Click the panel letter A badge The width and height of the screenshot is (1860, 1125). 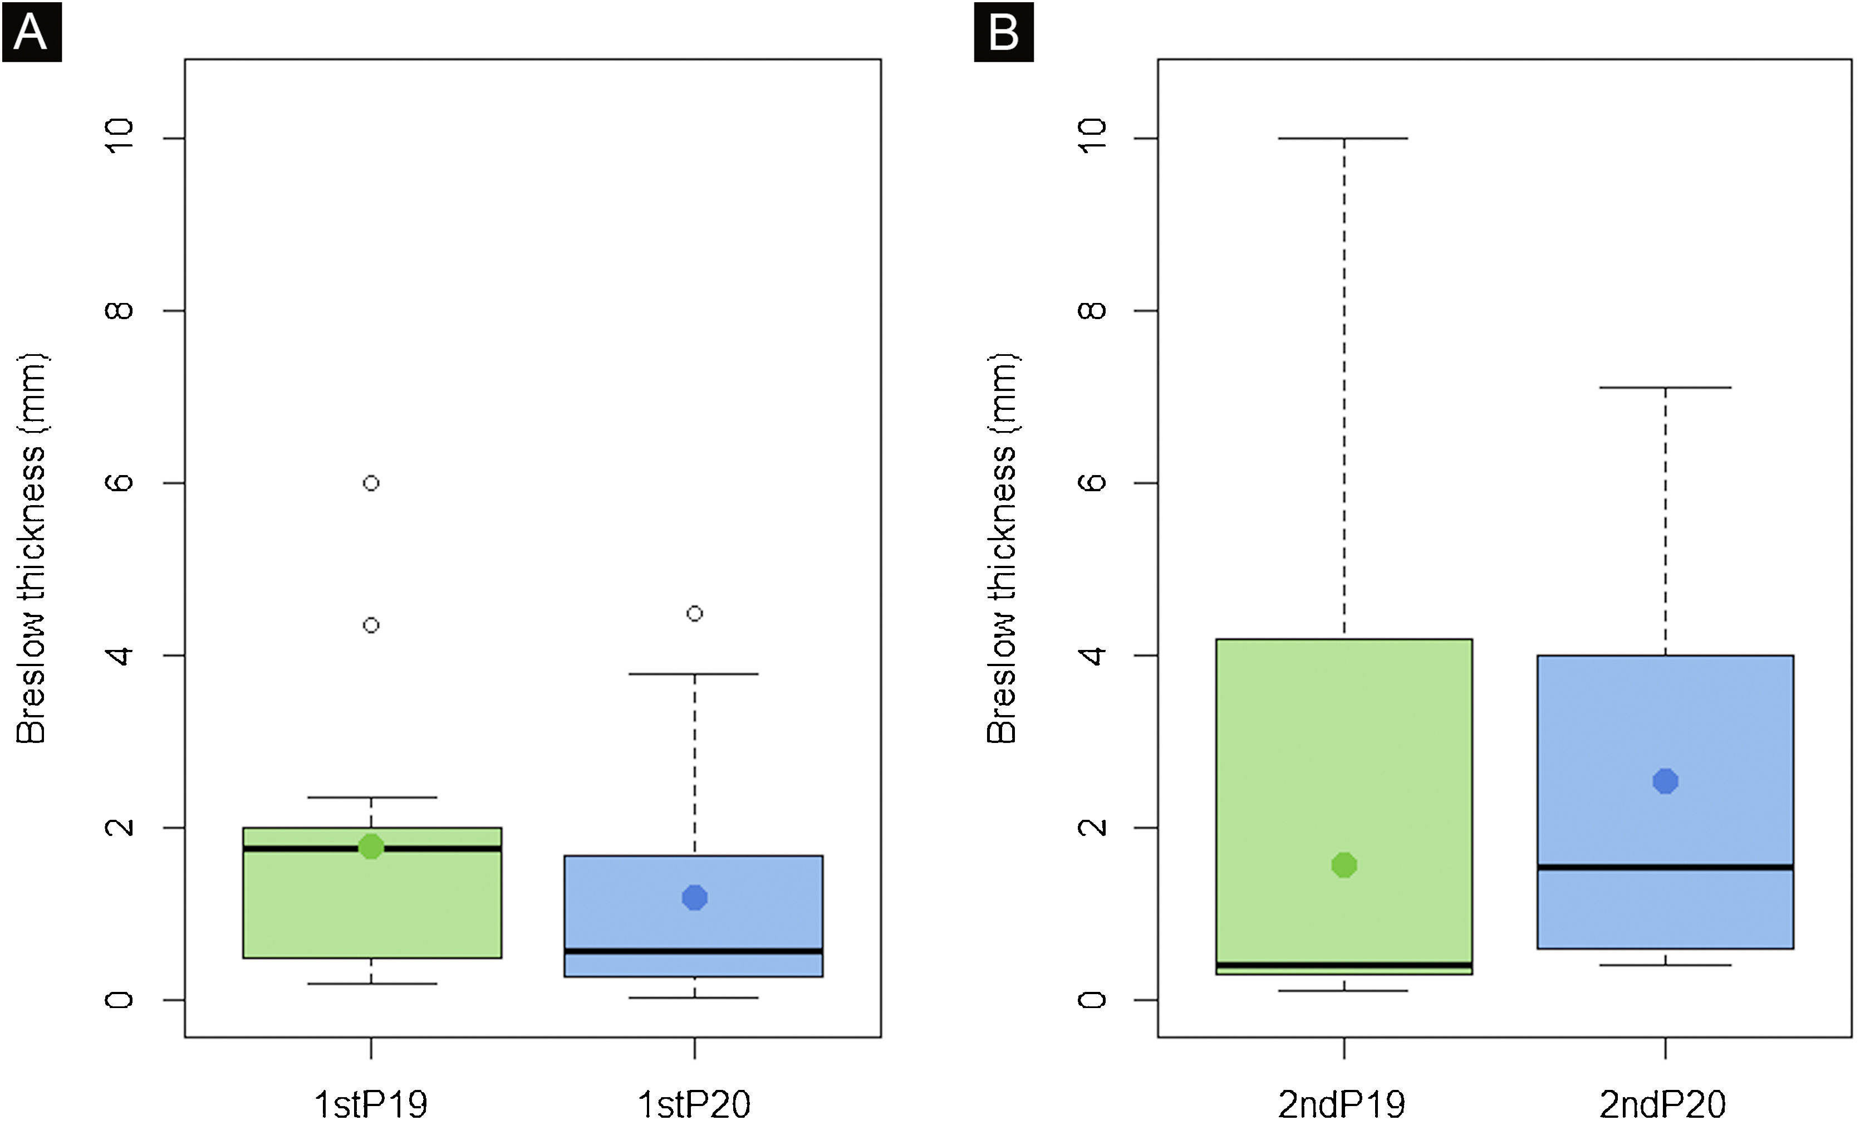click(31, 32)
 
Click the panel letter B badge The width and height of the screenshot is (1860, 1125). click(1003, 32)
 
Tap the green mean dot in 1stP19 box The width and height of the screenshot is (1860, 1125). click(371, 847)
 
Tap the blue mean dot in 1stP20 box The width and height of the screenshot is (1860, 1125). click(694, 898)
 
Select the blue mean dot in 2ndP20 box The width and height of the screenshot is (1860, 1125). click(1665, 781)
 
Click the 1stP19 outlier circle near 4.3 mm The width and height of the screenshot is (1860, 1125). click(371, 625)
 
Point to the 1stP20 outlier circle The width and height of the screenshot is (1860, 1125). click(694, 614)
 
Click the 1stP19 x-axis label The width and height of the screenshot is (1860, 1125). click(371, 1104)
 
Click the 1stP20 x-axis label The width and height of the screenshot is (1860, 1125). click(694, 1104)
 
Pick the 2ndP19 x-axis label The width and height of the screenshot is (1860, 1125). click(1342, 1104)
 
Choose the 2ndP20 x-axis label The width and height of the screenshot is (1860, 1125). click(1663, 1104)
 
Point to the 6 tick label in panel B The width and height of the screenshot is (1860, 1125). click(1092, 482)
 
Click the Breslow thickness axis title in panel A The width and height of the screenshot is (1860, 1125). click(32, 547)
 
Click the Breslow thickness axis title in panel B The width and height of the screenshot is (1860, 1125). click(1003, 547)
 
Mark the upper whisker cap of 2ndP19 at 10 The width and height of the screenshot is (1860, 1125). click(1344, 138)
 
